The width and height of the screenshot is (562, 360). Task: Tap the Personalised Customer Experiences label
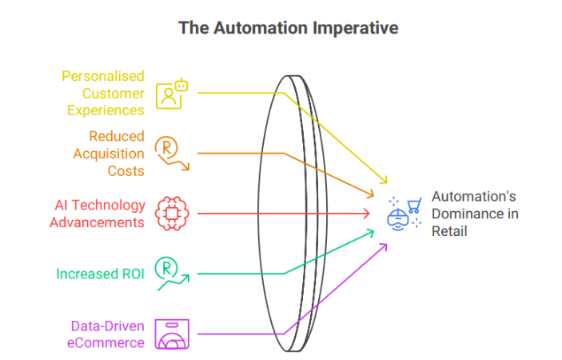tap(104, 93)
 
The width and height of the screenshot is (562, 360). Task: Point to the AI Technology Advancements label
tap(98, 214)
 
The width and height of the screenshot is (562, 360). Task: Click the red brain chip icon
tap(170, 214)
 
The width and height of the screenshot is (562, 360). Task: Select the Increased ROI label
tap(100, 274)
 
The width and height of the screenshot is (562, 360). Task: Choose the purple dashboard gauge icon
tap(170, 334)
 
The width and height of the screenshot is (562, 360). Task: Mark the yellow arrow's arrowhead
tap(385, 182)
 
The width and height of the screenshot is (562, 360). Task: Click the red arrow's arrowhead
tap(368, 214)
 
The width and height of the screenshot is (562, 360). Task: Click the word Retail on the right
tap(449, 231)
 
